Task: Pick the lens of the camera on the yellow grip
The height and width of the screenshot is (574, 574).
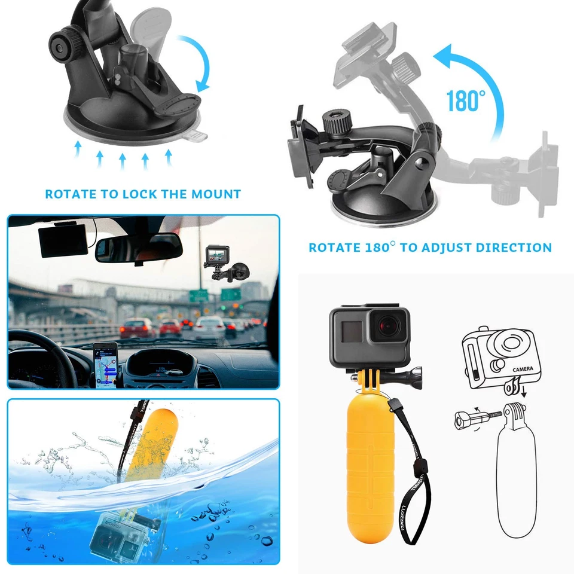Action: click(x=389, y=326)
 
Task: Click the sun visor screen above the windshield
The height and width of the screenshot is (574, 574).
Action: click(x=65, y=242)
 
